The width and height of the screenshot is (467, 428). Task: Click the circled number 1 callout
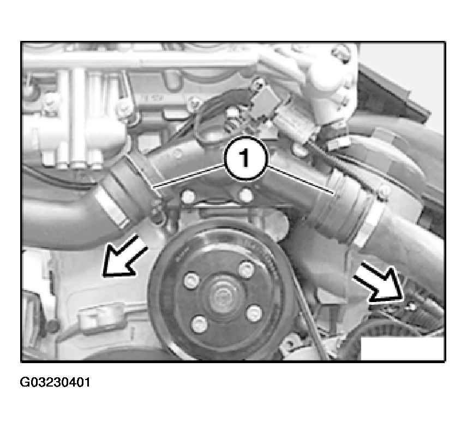point(245,158)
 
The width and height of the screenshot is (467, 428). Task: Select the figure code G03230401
point(55,382)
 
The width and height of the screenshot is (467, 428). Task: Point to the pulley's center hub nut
point(222,296)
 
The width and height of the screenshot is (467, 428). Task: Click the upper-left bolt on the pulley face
point(191,280)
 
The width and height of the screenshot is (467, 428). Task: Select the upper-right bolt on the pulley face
point(247,270)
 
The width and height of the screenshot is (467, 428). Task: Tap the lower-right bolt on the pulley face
point(254,313)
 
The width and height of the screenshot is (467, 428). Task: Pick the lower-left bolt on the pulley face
point(199,324)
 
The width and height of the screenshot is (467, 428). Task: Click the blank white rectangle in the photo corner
point(402,348)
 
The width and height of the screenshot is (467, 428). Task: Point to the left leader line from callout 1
point(189,176)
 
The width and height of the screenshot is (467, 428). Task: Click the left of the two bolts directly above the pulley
point(188,196)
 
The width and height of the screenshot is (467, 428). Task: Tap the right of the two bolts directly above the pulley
point(246,195)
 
